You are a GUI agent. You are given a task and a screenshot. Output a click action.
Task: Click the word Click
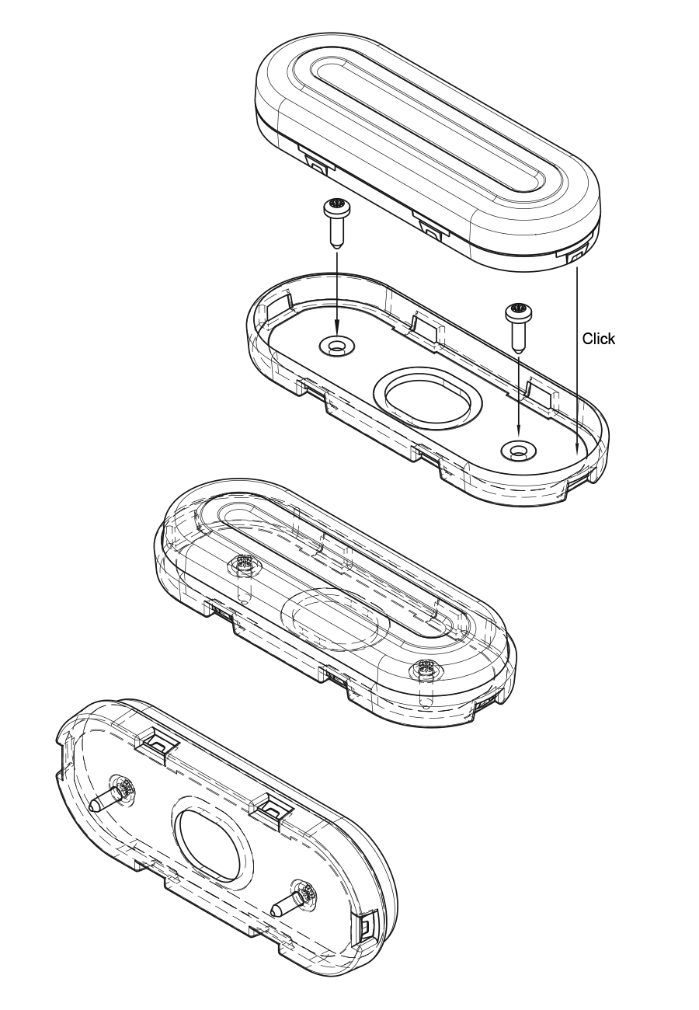[x=598, y=339]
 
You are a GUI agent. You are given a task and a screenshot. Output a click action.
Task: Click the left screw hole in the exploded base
[x=336, y=347]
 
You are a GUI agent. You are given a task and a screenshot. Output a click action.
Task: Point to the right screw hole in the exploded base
[x=518, y=450]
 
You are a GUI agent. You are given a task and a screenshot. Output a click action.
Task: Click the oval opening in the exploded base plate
[x=428, y=398]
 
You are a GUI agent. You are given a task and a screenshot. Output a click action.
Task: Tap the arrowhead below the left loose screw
[x=336, y=329]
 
